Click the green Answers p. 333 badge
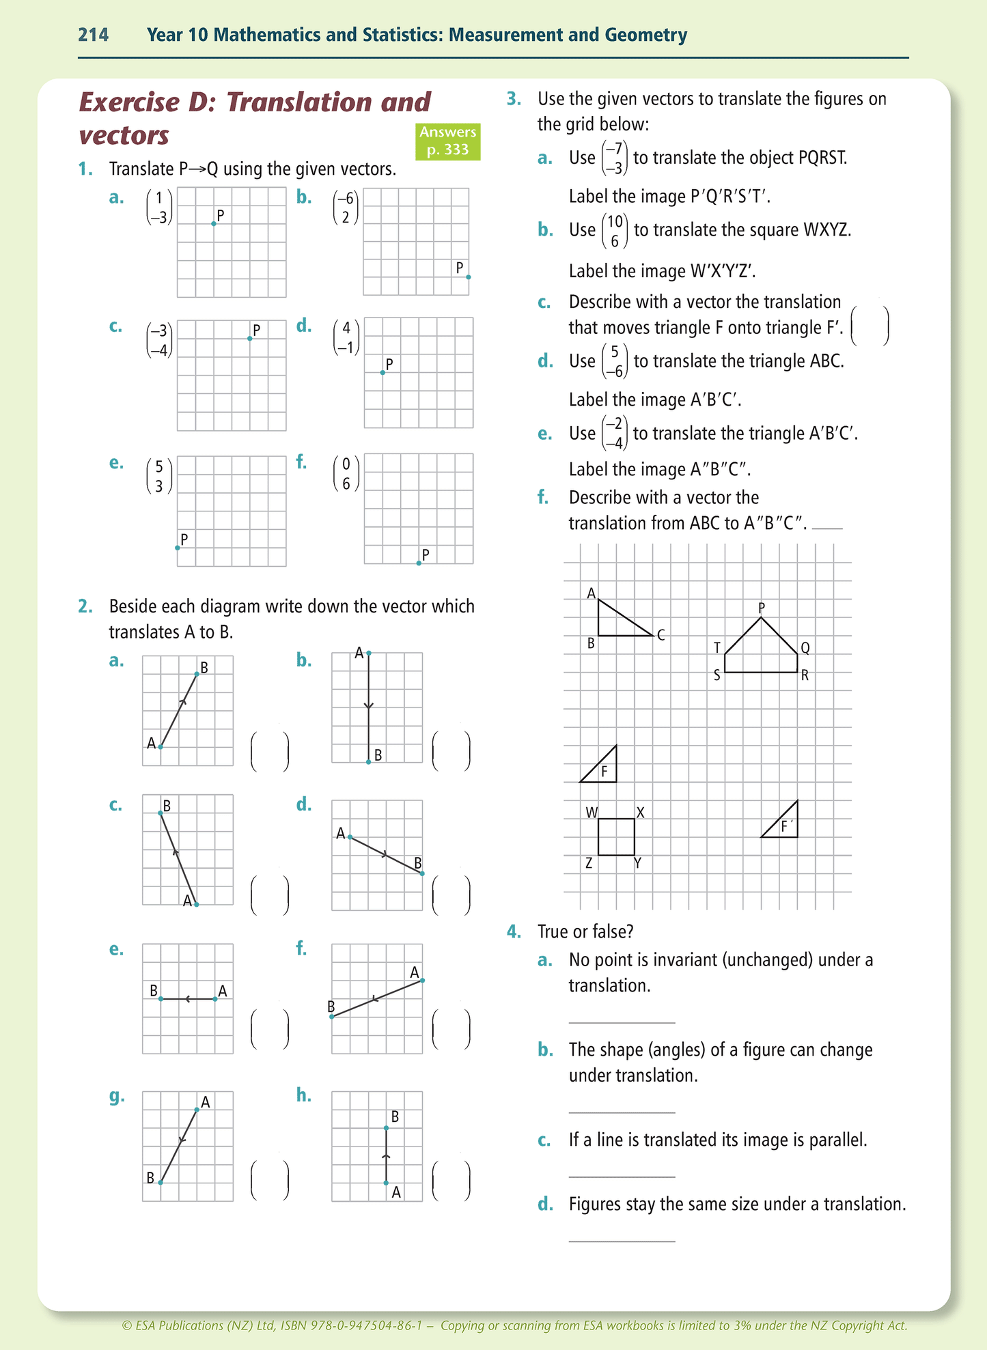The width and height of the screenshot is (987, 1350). pyautogui.click(x=447, y=141)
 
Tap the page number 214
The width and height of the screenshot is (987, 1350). pyautogui.click(x=94, y=35)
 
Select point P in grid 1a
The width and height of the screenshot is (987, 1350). pyautogui.click(x=214, y=224)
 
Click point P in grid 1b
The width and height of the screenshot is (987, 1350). pyautogui.click(x=468, y=277)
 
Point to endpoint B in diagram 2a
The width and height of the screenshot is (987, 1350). pyautogui.click(x=197, y=674)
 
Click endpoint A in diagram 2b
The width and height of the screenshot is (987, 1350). pyautogui.click(x=369, y=653)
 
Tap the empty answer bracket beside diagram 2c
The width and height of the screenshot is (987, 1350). pyautogui.click(x=270, y=895)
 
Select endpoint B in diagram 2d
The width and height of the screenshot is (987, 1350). pyautogui.click(x=421, y=873)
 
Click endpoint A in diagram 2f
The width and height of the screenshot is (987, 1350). pyautogui.click(x=422, y=981)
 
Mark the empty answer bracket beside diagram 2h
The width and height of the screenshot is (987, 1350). pyautogui.click(x=451, y=1181)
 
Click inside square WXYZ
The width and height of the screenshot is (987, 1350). pyautogui.click(x=616, y=836)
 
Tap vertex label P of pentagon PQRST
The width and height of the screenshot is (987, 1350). pyautogui.click(x=762, y=607)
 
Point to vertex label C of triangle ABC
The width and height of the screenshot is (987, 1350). pyautogui.click(x=661, y=635)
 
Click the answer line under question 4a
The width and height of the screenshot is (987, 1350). pyautogui.click(x=622, y=1022)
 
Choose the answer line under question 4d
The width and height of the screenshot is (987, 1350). pyautogui.click(x=622, y=1241)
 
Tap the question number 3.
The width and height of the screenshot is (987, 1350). pyautogui.click(x=514, y=99)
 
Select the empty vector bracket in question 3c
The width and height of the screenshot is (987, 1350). pyautogui.click(x=870, y=326)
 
